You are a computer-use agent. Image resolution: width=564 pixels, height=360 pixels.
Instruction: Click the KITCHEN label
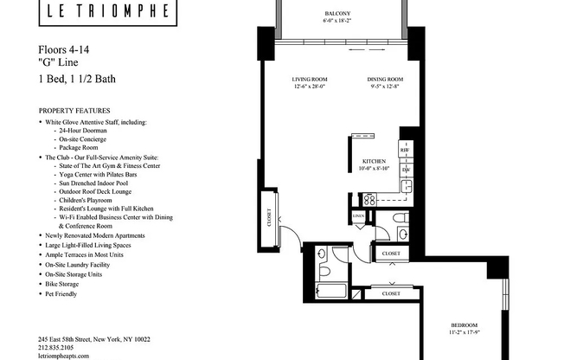coord(374,162)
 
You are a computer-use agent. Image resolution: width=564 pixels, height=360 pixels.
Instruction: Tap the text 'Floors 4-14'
coord(65,50)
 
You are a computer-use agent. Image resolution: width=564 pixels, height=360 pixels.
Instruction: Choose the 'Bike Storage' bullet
coord(67,284)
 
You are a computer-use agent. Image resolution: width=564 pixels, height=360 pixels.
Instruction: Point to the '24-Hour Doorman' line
coord(87,132)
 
